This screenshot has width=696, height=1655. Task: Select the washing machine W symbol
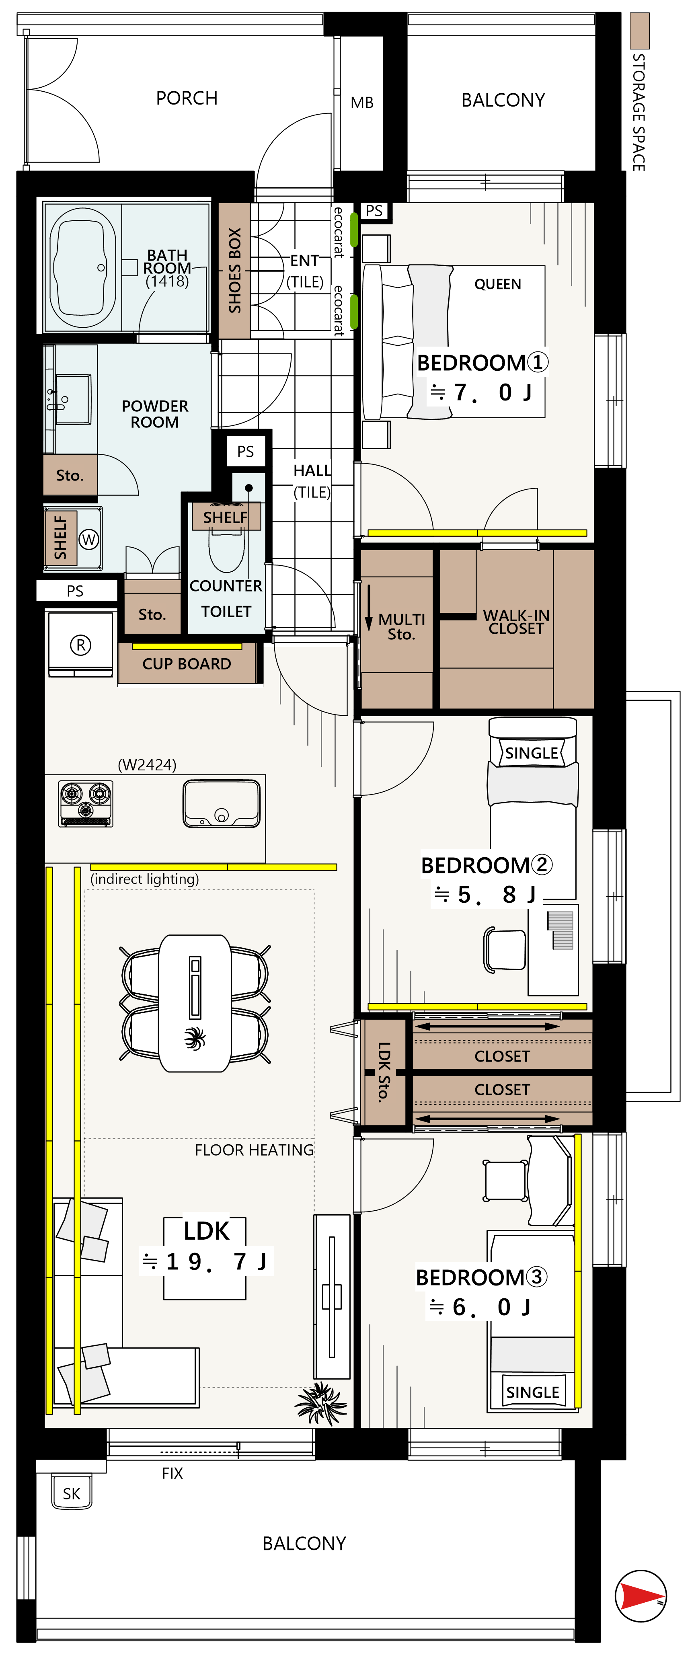coord(89,540)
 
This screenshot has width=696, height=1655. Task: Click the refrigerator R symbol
coord(80,645)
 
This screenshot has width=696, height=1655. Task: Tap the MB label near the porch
coord(362,103)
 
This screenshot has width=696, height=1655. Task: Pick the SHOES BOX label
coord(234,271)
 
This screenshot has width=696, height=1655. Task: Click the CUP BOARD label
coord(187,664)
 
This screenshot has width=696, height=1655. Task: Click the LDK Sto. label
coord(384,1072)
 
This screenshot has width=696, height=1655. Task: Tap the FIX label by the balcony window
coord(172,1473)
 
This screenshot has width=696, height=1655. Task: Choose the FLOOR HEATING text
coord(255,1150)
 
